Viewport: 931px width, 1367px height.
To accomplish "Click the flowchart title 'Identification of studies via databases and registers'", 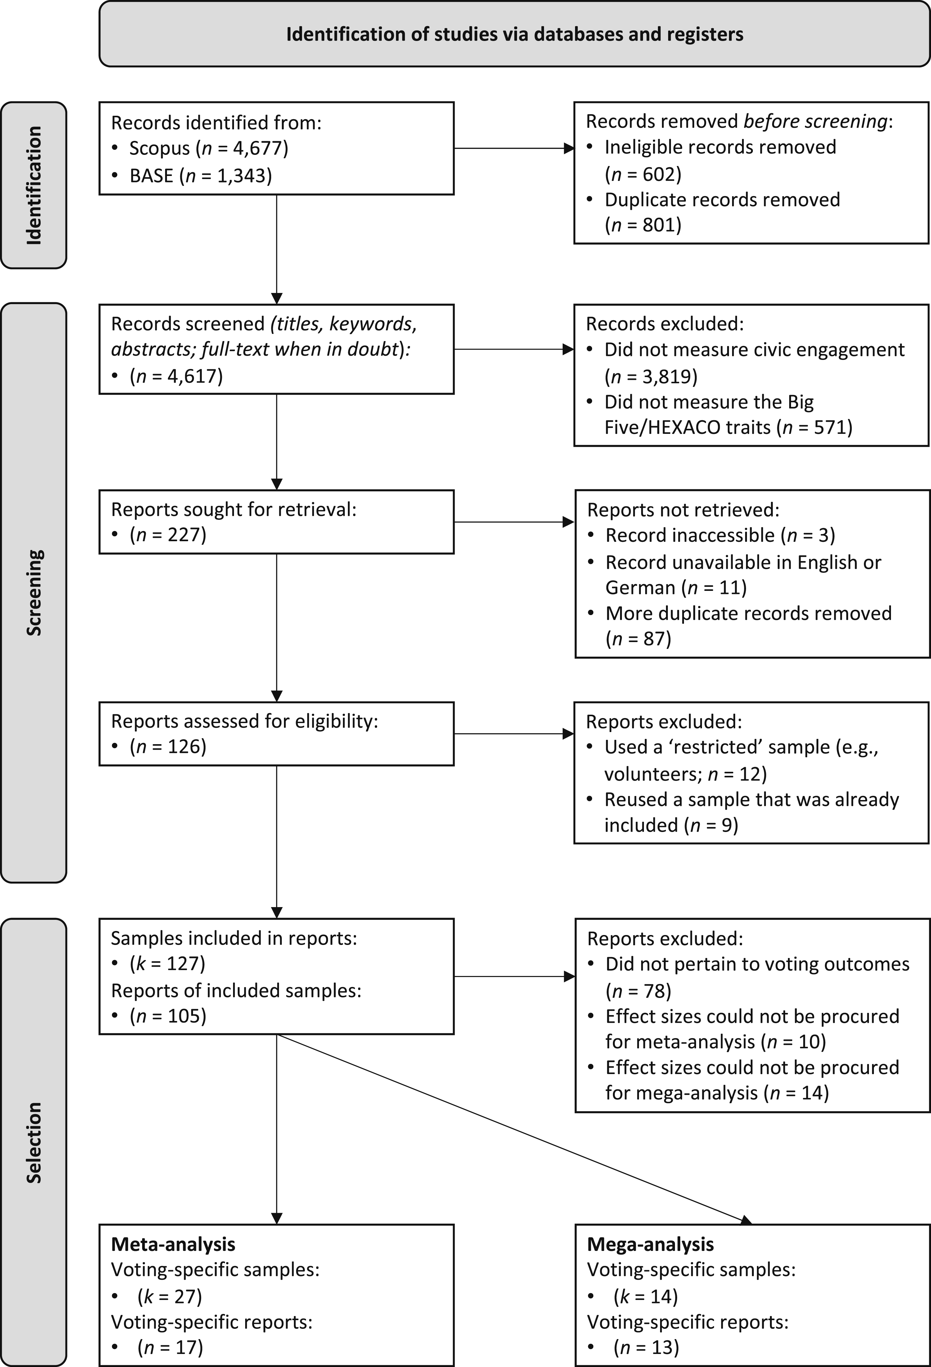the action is coord(515,34).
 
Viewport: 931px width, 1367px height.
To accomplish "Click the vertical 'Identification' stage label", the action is coord(34,185).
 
